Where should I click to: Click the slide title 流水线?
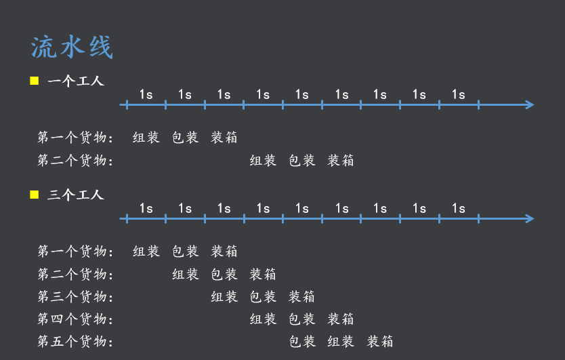(x=72, y=47)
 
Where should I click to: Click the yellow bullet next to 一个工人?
(x=35, y=81)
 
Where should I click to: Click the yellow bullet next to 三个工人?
(x=35, y=195)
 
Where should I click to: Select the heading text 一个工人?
(x=76, y=81)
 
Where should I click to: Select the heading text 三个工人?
(x=76, y=195)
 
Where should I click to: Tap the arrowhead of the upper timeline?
(x=530, y=104)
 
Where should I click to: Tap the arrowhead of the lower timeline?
(x=530, y=218)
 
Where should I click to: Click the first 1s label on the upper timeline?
(x=146, y=94)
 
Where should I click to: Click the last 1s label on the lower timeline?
(x=459, y=208)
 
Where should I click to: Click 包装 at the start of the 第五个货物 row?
(x=302, y=341)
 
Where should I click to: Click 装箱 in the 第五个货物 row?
(x=380, y=341)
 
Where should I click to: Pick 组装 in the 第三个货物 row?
(x=224, y=296)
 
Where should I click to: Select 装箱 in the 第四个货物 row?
(x=341, y=319)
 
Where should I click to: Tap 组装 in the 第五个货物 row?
(x=341, y=341)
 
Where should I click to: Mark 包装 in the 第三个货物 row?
(x=263, y=296)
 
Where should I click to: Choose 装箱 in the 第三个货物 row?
(x=302, y=296)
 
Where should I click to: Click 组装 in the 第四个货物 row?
(x=263, y=319)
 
